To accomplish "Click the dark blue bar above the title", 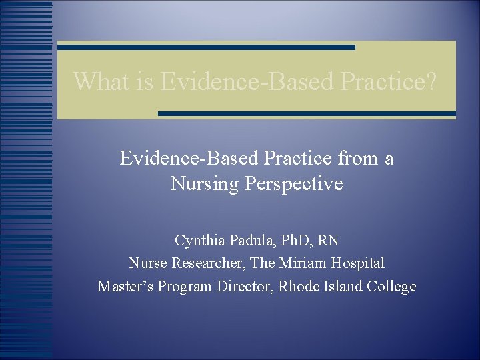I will click(x=206, y=47).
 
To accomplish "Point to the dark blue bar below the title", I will click(x=307, y=114).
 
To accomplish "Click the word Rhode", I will click(x=296, y=287).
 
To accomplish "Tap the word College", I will click(x=391, y=287).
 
